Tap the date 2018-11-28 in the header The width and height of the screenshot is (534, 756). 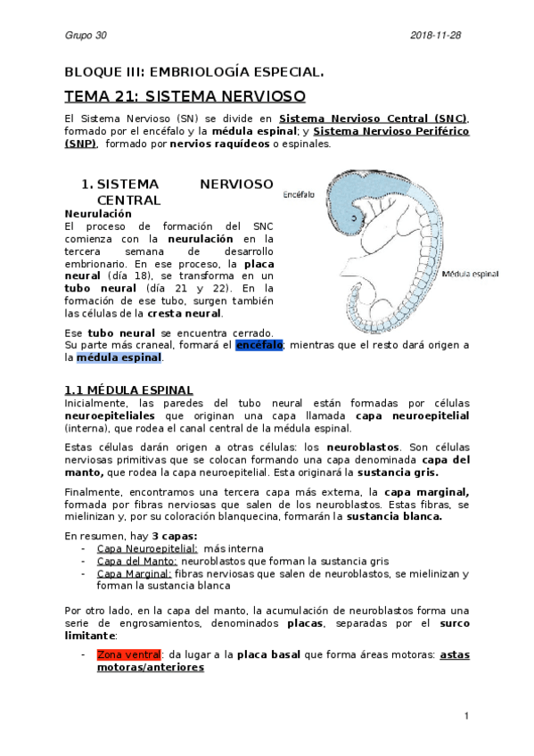pos(437,35)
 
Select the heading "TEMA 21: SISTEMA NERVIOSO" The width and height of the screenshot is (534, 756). pos(185,94)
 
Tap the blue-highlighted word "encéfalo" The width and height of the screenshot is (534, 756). pos(259,344)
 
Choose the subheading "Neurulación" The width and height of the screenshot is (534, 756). pos(98,214)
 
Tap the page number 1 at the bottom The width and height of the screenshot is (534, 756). pos(466,716)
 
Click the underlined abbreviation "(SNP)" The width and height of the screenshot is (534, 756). pos(80,143)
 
